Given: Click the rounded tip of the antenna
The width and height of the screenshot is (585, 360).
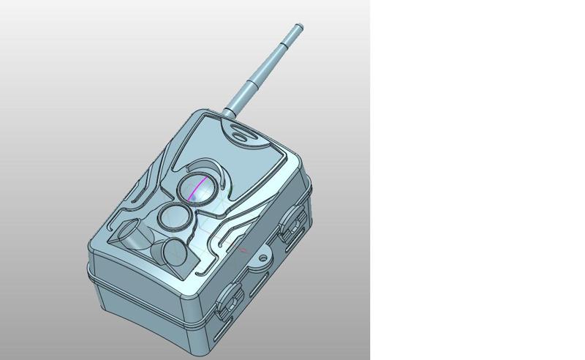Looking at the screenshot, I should point(298,28).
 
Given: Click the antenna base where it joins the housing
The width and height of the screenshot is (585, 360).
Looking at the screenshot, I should point(229,112).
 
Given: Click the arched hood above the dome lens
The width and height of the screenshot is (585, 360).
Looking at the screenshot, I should point(205,165).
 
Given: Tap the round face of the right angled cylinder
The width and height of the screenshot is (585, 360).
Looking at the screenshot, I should point(176,254).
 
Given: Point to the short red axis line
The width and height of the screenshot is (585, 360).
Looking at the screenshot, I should point(244,250).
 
